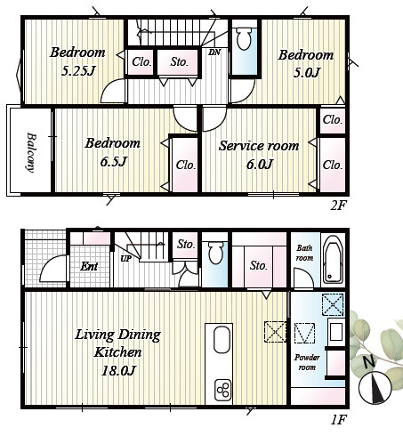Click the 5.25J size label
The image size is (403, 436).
78,71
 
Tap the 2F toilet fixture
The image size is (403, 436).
245,38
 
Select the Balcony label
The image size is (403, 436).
31,152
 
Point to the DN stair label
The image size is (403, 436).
214,52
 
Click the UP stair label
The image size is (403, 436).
126,259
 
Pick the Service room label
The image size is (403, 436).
259,146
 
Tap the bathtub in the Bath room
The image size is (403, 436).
333,260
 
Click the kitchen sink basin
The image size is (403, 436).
222,340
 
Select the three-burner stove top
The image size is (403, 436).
222,390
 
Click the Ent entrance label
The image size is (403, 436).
89,266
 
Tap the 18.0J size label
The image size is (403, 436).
118,370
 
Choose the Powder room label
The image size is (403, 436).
307,362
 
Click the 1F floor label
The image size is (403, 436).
338,420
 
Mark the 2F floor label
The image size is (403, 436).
338,206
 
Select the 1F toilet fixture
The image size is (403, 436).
214,253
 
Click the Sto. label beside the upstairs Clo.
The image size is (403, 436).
180,61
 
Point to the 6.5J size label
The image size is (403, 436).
114,162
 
